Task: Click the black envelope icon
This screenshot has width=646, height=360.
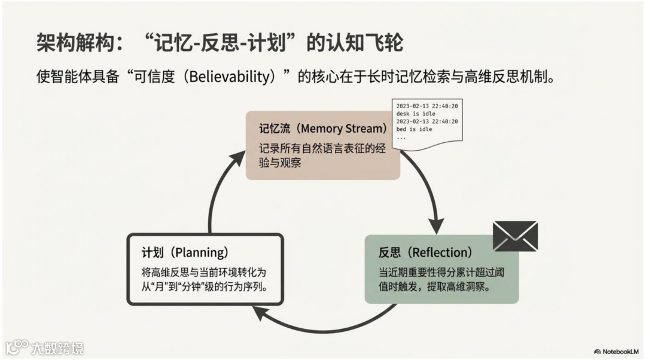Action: point(515,236)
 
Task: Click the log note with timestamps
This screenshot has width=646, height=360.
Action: point(426,121)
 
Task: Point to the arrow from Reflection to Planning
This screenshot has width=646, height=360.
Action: point(323,323)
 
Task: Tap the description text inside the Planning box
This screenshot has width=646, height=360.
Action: point(203,279)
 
